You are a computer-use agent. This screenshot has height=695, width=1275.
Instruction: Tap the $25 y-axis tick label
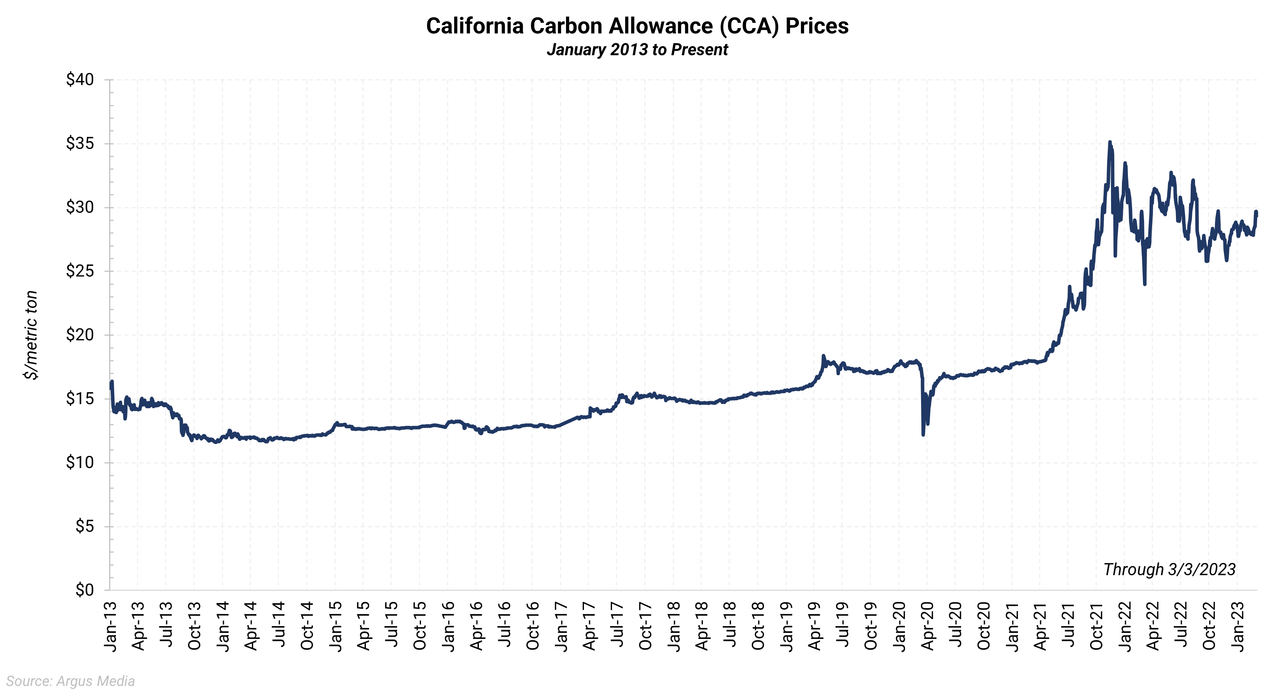point(80,271)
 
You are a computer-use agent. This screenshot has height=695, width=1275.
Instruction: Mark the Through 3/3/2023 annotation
point(1169,569)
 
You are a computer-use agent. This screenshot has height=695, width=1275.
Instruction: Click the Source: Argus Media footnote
point(70,681)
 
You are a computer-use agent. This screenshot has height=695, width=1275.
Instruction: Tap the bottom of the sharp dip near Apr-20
point(923,434)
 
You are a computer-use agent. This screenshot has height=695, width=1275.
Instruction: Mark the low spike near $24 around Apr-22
point(1144,284)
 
